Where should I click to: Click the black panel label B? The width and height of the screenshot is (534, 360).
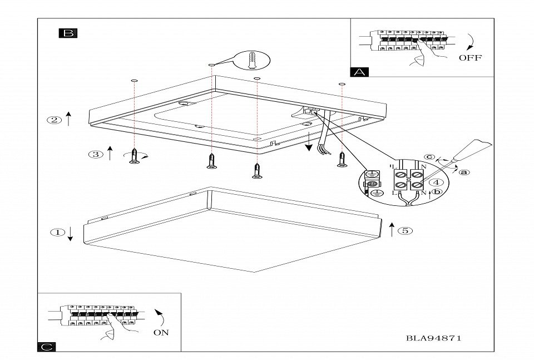click(68, 33)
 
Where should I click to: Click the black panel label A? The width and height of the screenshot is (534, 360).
click(359, 72)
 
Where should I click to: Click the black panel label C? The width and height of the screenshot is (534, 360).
click(47, 347)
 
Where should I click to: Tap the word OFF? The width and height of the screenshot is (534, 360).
click(470, 57)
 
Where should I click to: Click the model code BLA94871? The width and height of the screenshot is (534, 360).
click(434, 338)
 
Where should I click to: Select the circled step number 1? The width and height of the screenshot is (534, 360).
click(57, 233)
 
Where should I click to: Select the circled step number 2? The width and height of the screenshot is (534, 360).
click(54, 120)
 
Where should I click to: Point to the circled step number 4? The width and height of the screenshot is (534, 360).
click(438, 182)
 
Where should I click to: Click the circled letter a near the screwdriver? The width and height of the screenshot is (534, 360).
click(464, 172)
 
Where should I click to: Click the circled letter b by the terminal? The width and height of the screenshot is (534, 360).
click(437, 192)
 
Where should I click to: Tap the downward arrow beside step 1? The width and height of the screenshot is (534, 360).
click(71, 234)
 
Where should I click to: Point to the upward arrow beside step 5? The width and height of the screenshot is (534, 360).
click(392, 229)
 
